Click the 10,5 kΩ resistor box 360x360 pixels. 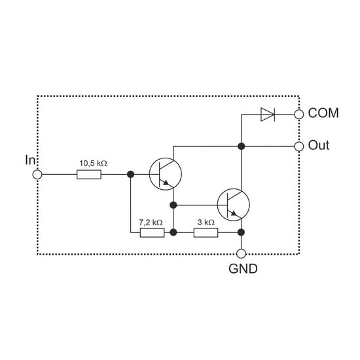89,175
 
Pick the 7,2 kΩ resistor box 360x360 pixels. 152,232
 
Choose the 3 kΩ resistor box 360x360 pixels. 206,232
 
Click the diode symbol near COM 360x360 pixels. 268,114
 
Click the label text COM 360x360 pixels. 323,113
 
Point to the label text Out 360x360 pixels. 319,145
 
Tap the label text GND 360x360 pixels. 243,268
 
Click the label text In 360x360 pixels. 30,160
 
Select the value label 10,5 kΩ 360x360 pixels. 93,163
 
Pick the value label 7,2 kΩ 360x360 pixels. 151,223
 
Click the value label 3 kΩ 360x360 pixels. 206,223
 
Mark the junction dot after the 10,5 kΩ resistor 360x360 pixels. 131,175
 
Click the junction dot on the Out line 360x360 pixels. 241,146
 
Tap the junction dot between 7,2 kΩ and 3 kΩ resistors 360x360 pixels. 173,232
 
